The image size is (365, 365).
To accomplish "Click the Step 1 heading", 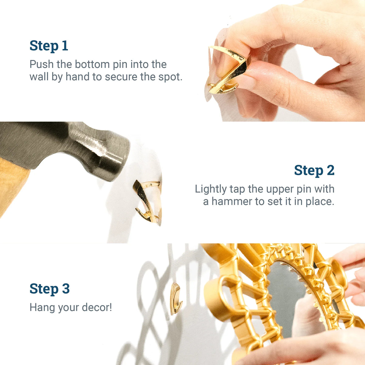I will click(x=49, y=46).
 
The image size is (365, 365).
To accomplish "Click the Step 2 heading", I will click(x=314, y=170).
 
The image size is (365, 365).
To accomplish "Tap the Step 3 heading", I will click(x=50, y=289).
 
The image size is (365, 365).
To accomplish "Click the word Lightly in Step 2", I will click(x=211, y=189).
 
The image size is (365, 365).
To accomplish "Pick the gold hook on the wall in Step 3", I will click(x=176, y=298).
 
